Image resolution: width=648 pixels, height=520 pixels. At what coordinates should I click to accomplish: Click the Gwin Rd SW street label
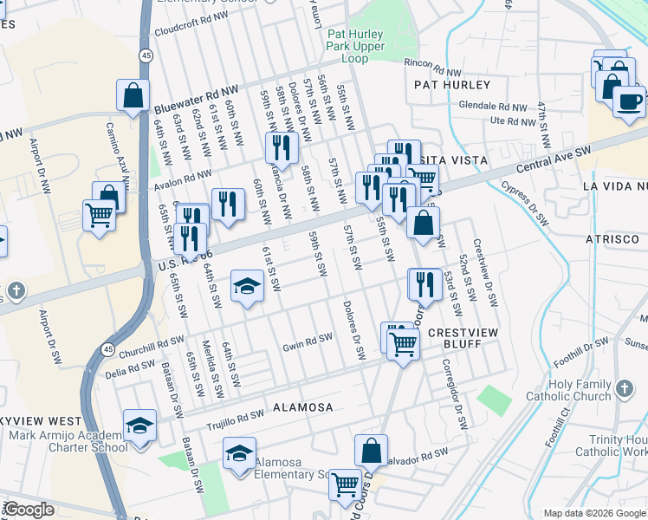[308, 348]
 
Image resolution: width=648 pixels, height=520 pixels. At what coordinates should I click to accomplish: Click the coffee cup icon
[629, 100]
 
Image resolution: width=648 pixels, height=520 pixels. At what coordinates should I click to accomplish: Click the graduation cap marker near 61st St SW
[247, 287]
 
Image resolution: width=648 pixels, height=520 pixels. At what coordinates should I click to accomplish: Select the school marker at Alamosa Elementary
[240, 455]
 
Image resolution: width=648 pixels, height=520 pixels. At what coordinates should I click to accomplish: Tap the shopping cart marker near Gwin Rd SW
[403, 344]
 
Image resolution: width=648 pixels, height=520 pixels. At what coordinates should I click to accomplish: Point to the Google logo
[29, 510]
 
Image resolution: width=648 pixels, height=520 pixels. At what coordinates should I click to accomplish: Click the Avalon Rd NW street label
[183, 185]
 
